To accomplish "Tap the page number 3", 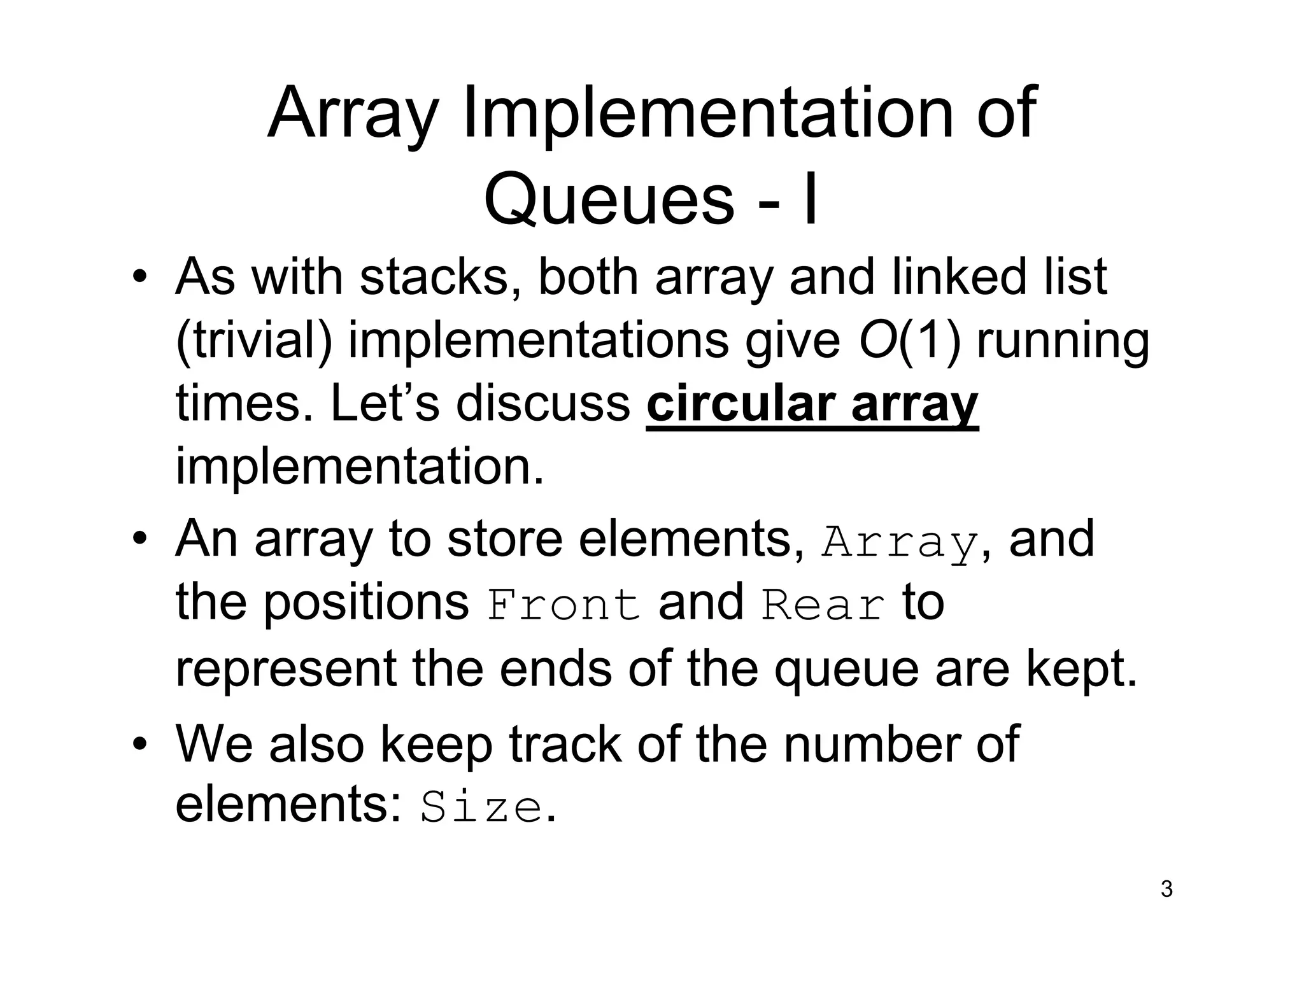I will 1166,889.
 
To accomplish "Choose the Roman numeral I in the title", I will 810,199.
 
